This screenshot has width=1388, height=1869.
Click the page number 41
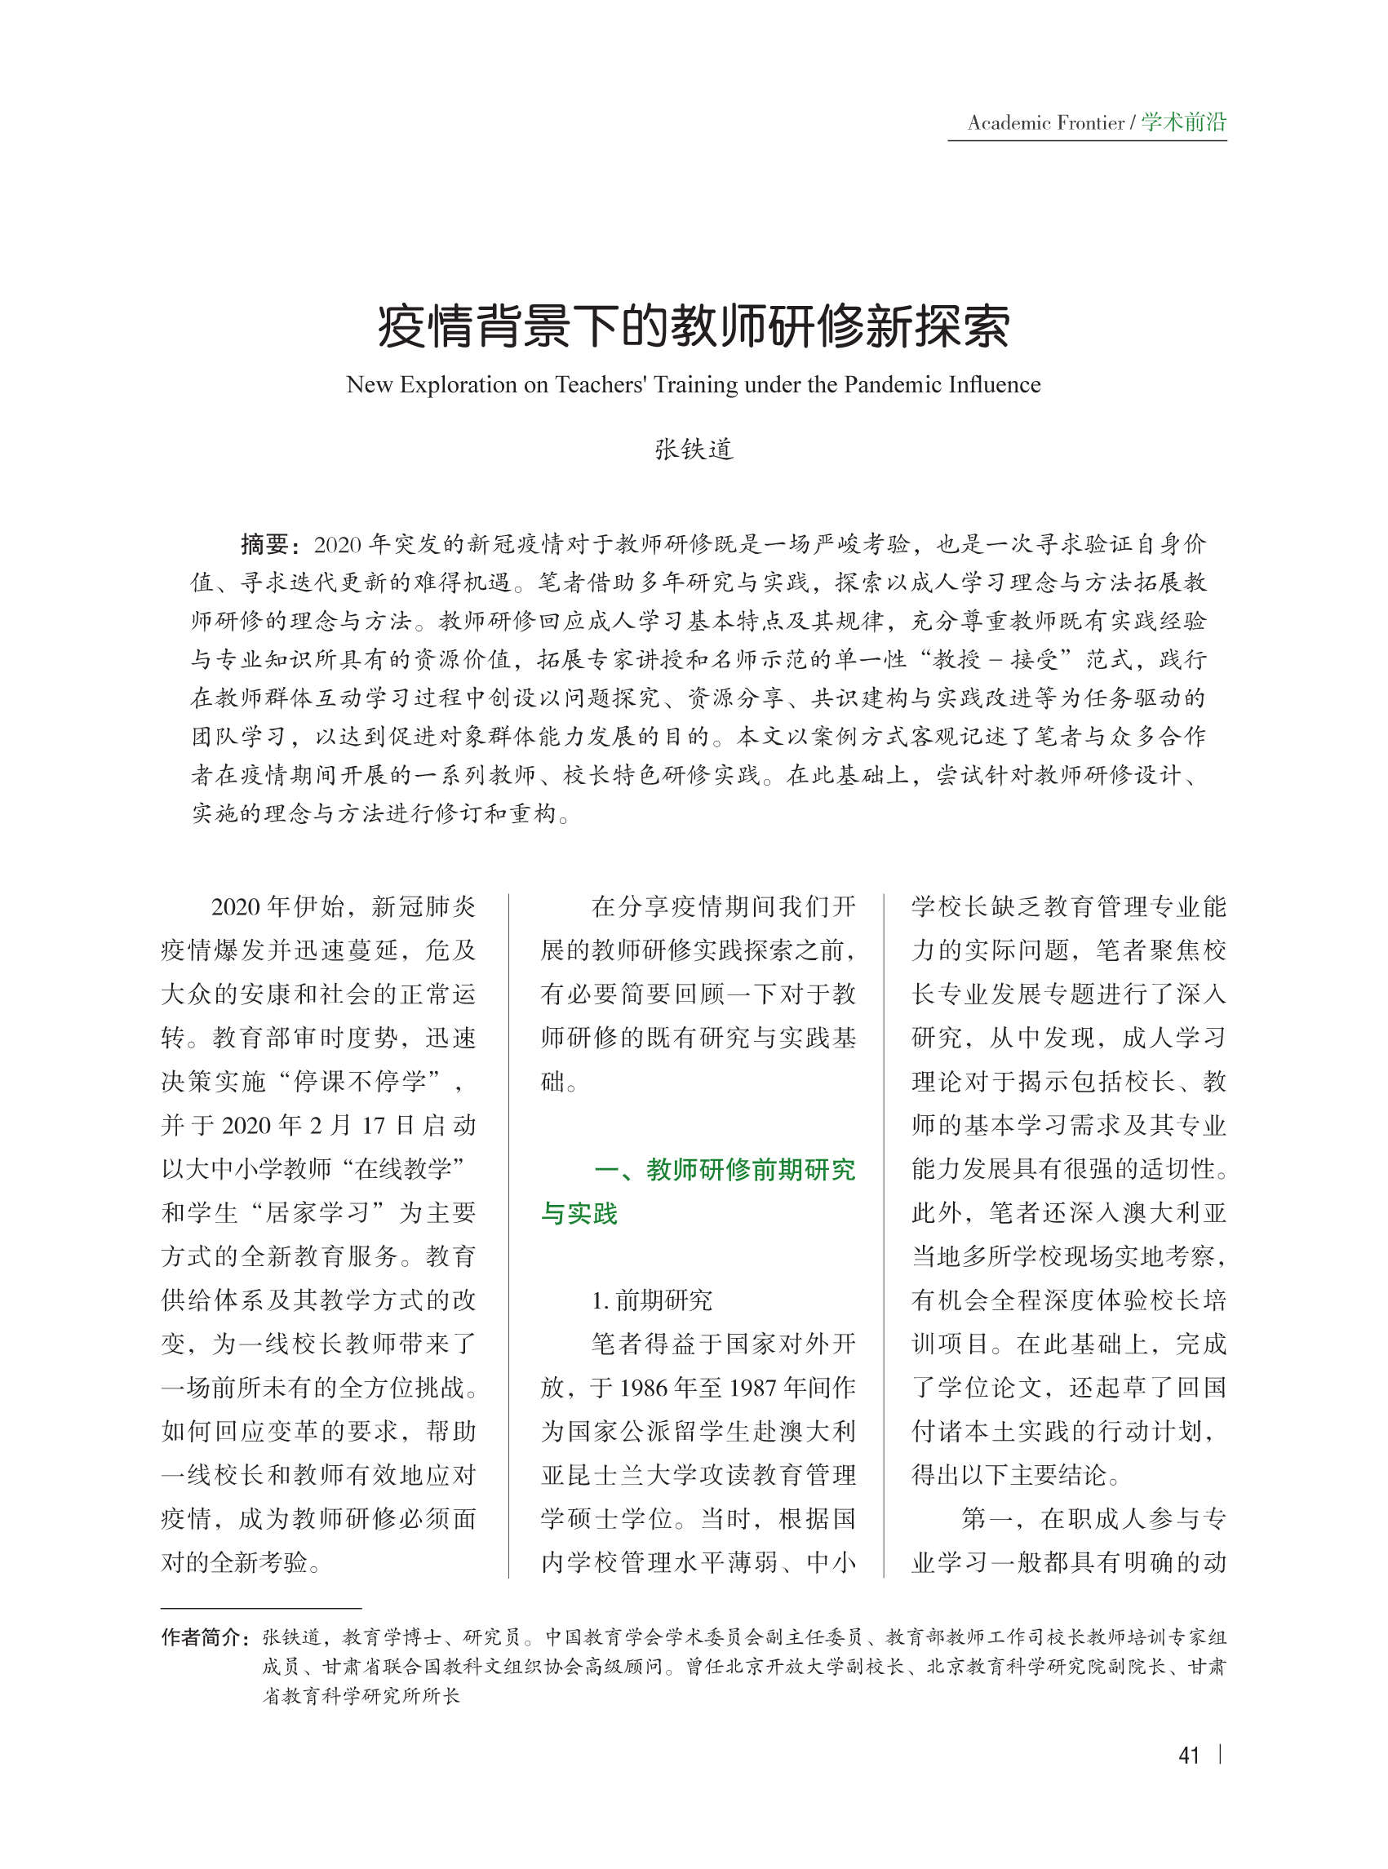coord(1188,1755)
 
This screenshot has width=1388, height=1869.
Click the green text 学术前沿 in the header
coord(1183,122)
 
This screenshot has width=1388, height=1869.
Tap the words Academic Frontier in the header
coord(1045,123)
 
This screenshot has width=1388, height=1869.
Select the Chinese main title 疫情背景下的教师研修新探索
coord(693,326)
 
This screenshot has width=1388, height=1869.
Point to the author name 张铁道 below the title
coord(694,450)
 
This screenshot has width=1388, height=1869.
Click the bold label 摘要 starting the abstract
coord(264,544)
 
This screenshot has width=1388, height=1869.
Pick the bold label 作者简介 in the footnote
coord(203,1637)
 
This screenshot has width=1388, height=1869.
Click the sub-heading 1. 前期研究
coord(651,1300)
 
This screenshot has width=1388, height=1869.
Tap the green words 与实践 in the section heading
coord(579,1214)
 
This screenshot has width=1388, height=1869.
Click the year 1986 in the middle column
coord(643,1388)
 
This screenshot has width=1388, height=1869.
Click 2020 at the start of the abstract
coord(338,545)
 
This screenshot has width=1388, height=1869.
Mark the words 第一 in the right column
coord(986,1519)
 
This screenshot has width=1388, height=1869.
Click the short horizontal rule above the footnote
coord(260,1608)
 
